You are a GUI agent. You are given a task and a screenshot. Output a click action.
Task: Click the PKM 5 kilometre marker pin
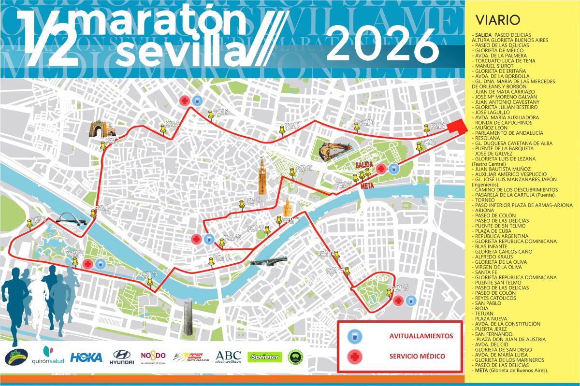click(x=211, y=114)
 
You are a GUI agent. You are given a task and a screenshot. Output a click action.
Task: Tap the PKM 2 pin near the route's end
click(x=426, y=129)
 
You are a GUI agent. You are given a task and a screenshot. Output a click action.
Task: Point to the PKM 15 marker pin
click(x=390, y=291)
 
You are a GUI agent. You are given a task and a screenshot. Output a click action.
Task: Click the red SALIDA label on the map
click(x=364, y=165)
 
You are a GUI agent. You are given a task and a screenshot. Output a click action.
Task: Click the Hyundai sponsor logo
click(x=121, y=357)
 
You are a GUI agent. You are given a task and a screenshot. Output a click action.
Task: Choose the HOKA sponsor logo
click(x=87, y=357)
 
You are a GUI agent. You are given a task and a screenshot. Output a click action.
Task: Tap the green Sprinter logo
click(x=264, y=357)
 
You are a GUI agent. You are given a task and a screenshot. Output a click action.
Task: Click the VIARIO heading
click(x=497, y=20)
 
